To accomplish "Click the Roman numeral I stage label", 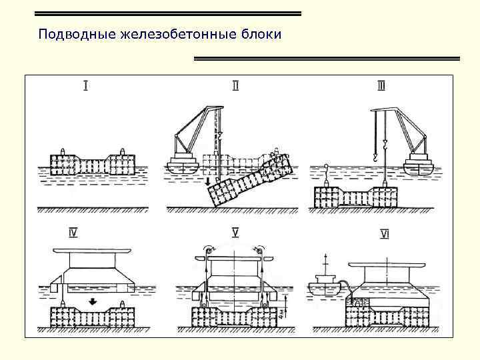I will pos(87,85).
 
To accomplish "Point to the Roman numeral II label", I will pos(235,85).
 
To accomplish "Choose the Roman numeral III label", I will pos(381,85).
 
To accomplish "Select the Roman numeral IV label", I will pos(73,233).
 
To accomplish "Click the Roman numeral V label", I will pos(235,233).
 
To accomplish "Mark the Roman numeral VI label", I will pos(385,233).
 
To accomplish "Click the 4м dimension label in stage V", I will pos(284,311).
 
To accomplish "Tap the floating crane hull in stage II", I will pos(183,167).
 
